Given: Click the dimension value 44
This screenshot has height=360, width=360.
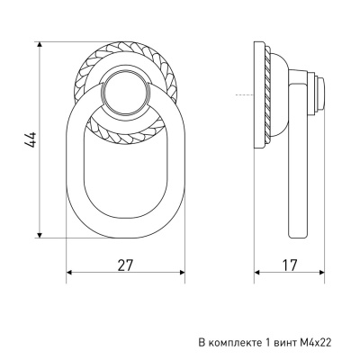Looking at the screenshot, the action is (31, 139).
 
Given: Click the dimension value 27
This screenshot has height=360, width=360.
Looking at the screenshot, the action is (125, 265).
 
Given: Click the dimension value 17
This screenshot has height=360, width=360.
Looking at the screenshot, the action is (290, 265).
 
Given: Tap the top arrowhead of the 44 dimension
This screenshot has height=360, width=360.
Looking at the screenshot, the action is (40, 45).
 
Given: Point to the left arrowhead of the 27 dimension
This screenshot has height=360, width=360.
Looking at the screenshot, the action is (69, 273).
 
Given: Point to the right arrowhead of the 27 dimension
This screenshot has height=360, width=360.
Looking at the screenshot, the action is (181, 273).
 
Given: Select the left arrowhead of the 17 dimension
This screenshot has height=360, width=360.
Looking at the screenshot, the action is (257, 273).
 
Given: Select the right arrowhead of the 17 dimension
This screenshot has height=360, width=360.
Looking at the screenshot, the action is (321, 273).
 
